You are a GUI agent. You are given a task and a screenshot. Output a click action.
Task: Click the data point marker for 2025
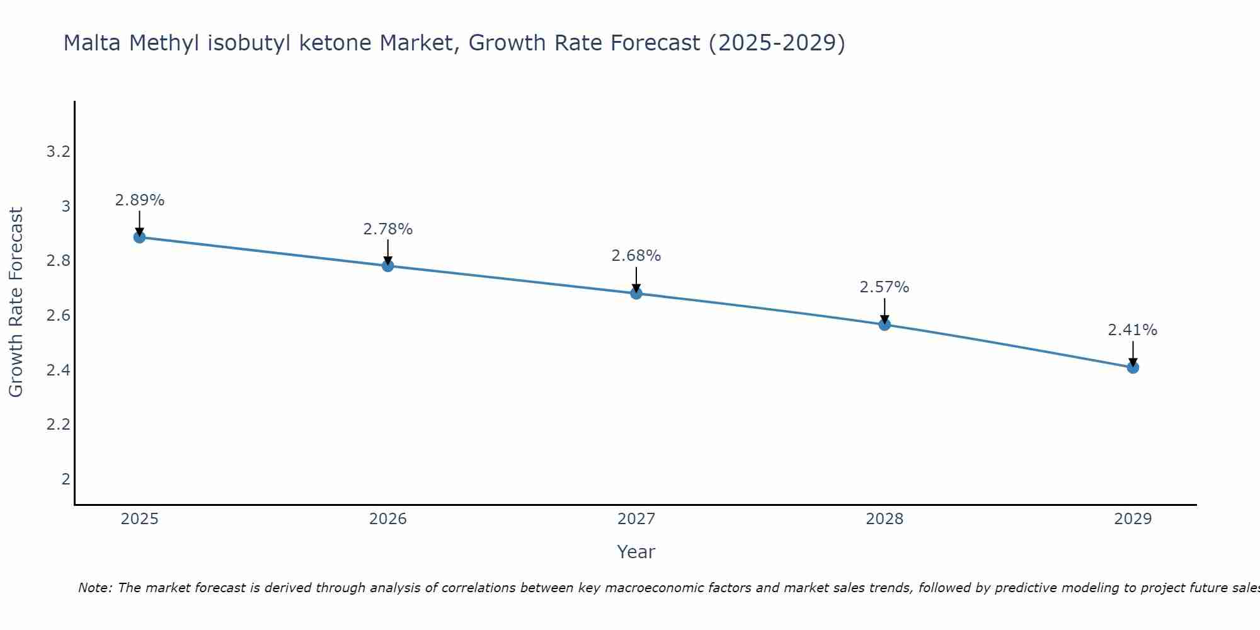pyautogui.click(x=139, y=238)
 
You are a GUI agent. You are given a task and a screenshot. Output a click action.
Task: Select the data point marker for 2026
pyautogui.click(x=387, y=266)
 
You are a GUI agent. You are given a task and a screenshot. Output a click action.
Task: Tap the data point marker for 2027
pyautogui.click(x=636, y=294)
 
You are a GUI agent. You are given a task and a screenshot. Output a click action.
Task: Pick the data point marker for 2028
pyautogui.click(x=884, y=324)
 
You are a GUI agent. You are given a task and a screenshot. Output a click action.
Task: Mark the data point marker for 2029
pyautogui.click(x=1132, y=367)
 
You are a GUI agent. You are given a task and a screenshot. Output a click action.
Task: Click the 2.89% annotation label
pyautogui.click(x=139, y=200)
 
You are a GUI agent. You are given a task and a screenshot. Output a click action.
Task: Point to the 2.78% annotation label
pyautogui.click(x=387, y=229)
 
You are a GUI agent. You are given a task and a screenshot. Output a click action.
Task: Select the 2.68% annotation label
pyautogui.click(x=636, y=256)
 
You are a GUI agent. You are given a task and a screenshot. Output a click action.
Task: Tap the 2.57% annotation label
pyautogui.click(x=884, y=287)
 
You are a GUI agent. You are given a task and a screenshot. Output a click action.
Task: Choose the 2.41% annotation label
pyautogui.click(x=1132, y=330)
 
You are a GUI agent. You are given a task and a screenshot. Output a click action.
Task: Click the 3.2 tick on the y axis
pyautogui.click(x=58, y=152)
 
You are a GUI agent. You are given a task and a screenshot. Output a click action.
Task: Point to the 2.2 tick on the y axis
pyautogui.click(x=58, y=425)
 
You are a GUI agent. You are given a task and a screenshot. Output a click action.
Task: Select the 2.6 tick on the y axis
pyautogui.click(x=58, y=316)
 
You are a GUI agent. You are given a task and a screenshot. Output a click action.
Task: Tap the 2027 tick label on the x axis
pyautogui.click(x=636, y=519)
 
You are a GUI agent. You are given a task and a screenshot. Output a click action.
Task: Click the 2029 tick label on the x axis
pyautogui.click(x=1132, y=519)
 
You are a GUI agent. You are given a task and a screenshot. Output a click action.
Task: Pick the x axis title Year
pyautogui.click(x=636, y=552)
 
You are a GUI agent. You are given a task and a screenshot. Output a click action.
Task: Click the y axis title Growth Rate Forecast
pyautogui.click(x=16, y=302)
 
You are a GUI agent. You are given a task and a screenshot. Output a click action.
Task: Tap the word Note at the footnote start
pyautogui.click(x=94, y=588)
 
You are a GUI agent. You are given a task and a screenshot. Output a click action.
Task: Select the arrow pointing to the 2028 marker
pyautogui.click(x=884, y=311)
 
